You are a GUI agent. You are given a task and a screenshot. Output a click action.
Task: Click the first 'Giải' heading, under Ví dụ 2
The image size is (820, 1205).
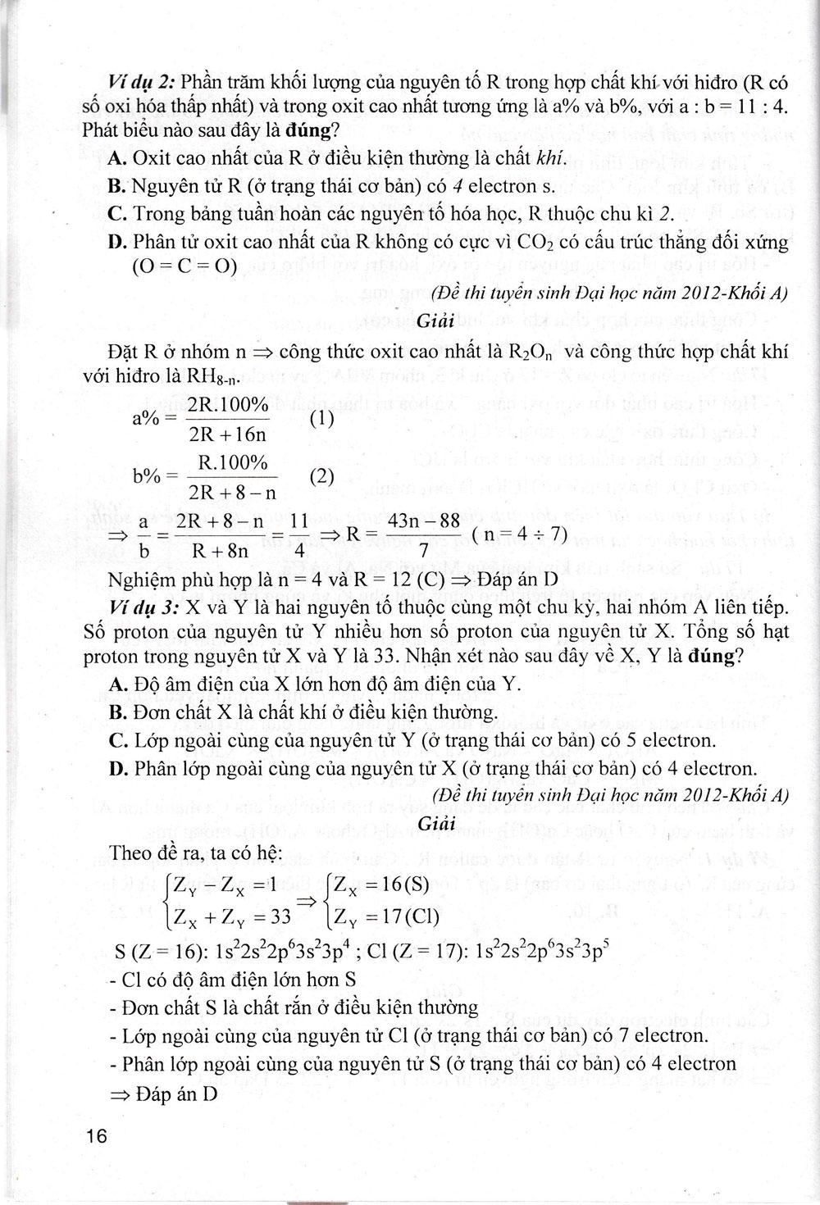pyautogui.click(x=436, y=322)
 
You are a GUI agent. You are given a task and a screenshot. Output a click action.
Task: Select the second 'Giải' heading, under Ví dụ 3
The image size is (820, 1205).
pyautogui.click(x=436, y=823)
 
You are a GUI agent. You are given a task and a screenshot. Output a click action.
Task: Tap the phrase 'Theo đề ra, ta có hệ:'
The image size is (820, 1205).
pyautogui.click(x=196, y=852)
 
